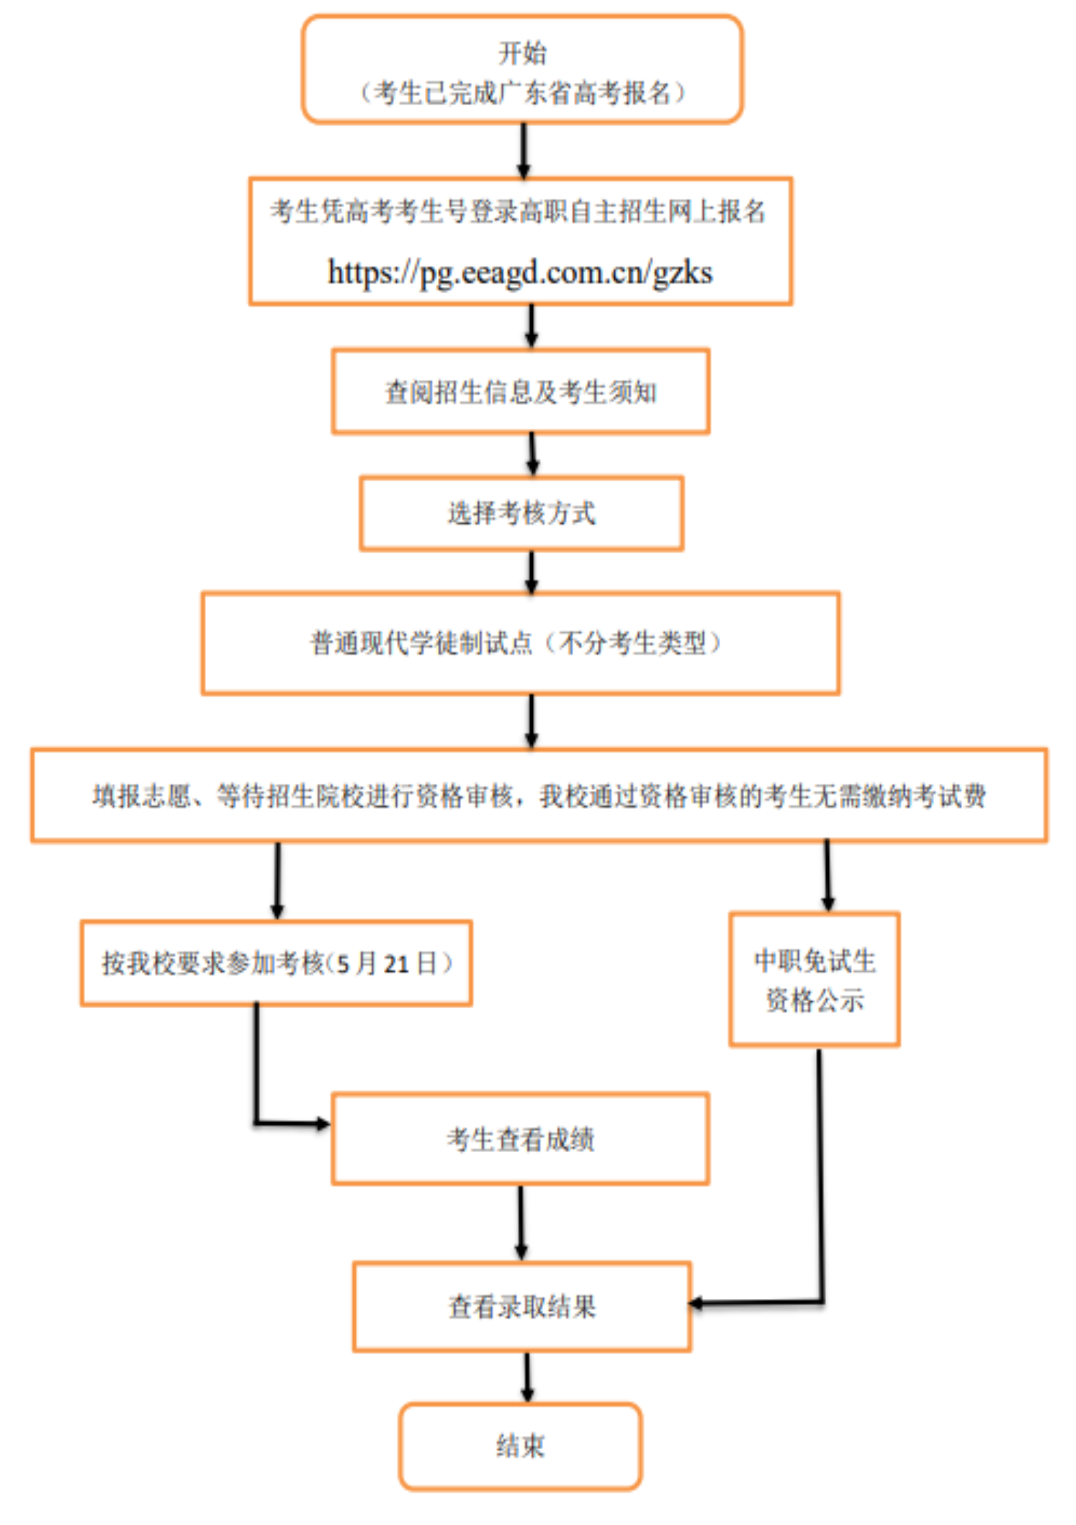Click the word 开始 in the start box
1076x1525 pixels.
tap(522, 53)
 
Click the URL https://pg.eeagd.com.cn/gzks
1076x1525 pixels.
tap(520, 273)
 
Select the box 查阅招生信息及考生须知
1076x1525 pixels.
tap(521, 392)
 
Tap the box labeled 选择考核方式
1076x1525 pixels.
tap(521, 513)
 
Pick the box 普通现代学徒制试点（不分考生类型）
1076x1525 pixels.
tap(521, 643)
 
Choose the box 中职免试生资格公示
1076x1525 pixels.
tap(814, 979)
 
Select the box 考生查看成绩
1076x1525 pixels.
tap(521, 1139)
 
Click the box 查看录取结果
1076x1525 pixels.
tap(522, 1307)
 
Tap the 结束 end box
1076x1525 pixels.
tap(521, 1446)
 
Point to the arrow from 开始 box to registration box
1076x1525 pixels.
tap(523, 151)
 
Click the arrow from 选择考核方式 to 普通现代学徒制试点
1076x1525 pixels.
tap(532, 572)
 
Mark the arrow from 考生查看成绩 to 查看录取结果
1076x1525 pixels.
tap(521, 1222)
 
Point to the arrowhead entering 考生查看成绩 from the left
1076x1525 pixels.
tap(323, 1124)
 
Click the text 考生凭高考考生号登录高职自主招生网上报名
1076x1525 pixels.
tap(519, 212)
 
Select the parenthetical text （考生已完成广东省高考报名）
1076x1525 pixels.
tap(522, 93)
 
